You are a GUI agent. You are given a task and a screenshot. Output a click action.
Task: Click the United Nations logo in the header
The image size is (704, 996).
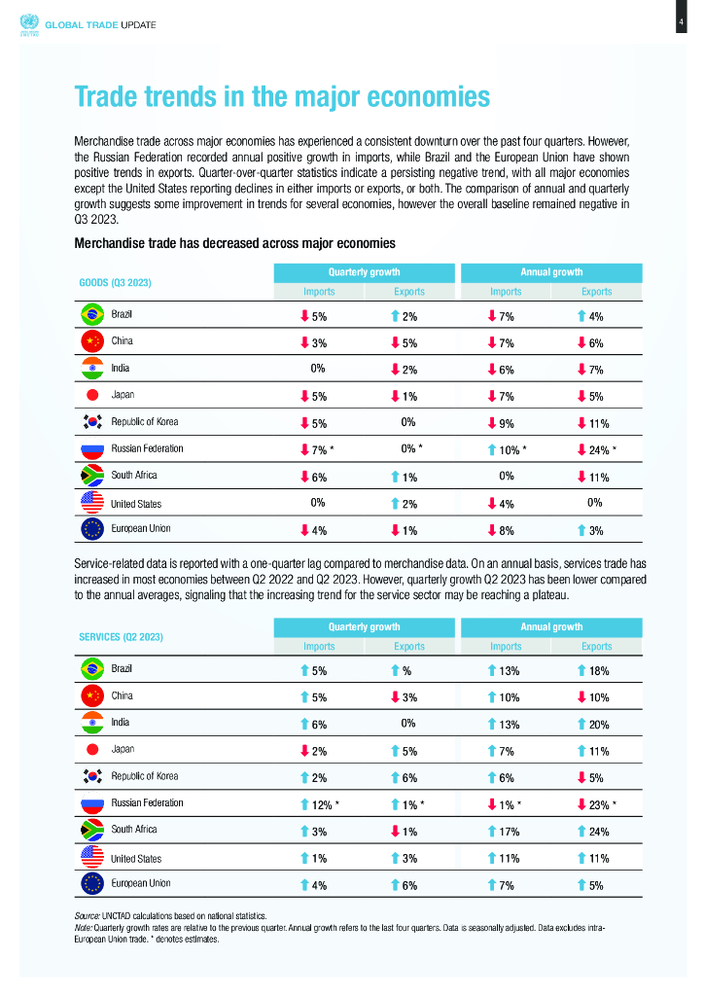(x=26, y=22)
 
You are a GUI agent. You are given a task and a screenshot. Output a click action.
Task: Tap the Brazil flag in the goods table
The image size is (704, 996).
(x=91, y=314)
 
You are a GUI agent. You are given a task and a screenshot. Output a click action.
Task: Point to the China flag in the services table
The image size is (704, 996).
(x=91, y=695)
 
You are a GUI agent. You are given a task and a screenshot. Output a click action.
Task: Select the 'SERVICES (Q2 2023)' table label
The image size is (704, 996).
(x=121, y=636)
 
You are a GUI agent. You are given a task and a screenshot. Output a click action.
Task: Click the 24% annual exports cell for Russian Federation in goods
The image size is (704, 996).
(x=596, y=450)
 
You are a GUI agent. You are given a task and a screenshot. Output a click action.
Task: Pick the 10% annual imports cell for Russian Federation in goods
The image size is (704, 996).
(x=507, y=450)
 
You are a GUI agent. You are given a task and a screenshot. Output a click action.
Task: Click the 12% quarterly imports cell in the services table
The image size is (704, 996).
(x=320, y=804)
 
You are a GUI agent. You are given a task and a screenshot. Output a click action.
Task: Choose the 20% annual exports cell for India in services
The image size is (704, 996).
(x=596, y=724)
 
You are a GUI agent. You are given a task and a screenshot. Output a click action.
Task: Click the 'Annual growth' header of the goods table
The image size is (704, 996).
(x=552, y=272)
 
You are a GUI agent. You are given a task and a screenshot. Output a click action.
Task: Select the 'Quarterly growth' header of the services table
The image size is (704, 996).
(x=364, y=626)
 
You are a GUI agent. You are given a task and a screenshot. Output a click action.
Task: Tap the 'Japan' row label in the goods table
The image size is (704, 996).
(x=122, y=395)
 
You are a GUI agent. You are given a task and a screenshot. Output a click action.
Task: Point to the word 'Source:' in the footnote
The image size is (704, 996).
(x=88, y=916)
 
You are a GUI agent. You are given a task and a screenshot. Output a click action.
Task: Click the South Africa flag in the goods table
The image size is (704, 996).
(x=91, y=476)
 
